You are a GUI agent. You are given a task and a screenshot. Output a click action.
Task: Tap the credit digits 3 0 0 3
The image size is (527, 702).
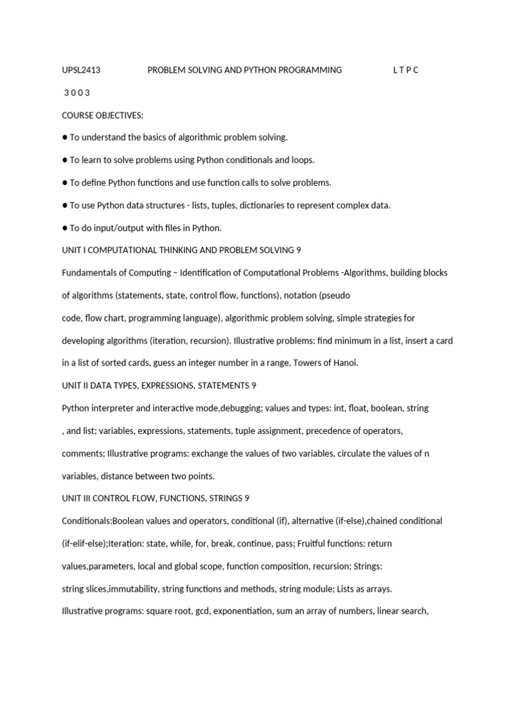click(78, 93)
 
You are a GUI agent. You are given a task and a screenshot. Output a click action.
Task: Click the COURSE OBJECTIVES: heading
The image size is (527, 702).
click(103, 115)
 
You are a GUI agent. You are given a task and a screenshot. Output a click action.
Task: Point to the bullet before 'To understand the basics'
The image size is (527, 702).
click(65, 137)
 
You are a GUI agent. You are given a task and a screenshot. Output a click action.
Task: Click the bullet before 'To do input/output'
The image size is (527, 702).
click(65, 228)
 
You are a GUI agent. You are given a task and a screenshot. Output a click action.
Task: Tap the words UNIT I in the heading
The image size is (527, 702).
click(73, 250)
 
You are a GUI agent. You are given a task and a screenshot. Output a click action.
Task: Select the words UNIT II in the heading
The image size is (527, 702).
click(75, 386)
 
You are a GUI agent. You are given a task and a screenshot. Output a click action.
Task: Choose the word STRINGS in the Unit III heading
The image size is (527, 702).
click(224, 498)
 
